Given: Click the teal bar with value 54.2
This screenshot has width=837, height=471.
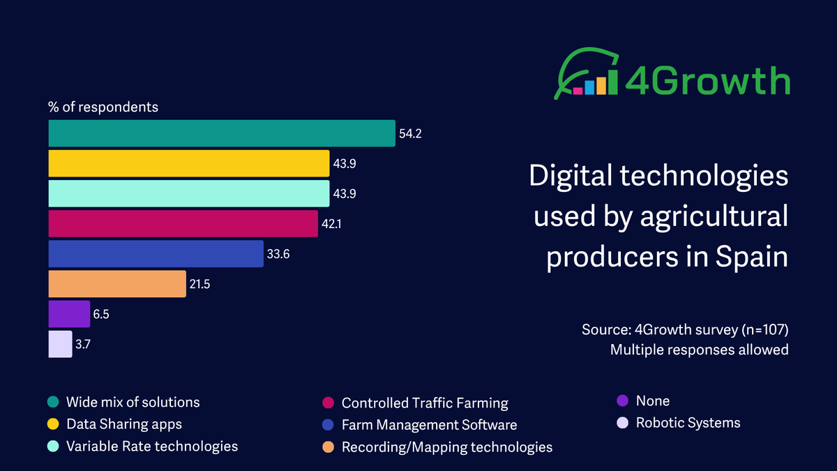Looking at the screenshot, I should (222, 133).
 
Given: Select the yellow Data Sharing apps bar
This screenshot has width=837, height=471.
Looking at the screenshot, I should (188, 163).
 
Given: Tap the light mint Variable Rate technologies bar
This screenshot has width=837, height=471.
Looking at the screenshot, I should (188, 193).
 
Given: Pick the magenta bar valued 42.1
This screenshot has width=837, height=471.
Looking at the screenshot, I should (183, 223).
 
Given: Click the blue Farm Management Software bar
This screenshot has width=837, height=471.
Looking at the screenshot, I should (156, 254).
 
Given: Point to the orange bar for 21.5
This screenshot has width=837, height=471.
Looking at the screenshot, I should (117, 284).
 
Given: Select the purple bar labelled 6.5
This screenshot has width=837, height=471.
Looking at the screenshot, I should (69, 314).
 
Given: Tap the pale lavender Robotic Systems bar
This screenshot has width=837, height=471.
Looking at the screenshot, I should (60, 344).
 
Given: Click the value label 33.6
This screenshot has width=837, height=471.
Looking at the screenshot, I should (278, 254).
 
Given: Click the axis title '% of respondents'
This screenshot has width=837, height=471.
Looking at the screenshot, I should (103, 107).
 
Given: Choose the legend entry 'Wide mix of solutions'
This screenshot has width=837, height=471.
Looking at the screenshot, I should (133, 403).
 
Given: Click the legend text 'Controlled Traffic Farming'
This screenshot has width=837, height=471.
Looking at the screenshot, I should (424, 403).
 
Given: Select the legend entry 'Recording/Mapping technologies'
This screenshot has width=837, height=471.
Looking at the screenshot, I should (446, 447).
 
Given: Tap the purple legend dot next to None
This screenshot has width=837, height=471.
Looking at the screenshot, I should (622, 401).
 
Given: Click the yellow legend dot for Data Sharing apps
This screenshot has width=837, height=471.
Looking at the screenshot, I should (53, 424).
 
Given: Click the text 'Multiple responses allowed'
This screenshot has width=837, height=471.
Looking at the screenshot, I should (699, 350).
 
